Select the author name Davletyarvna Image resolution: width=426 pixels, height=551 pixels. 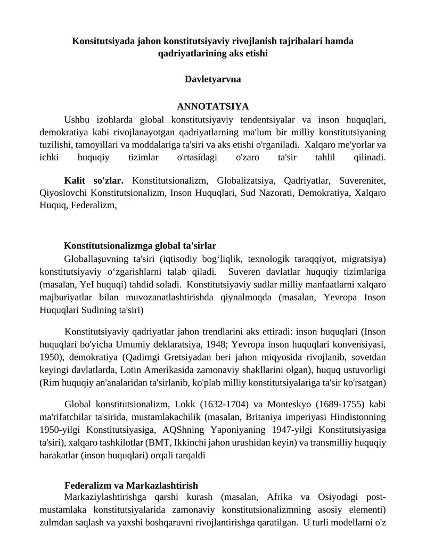tap(213, 79)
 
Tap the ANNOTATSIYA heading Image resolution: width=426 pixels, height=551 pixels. tap(213, 106)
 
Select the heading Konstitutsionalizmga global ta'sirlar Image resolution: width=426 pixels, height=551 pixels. tap(140, 246)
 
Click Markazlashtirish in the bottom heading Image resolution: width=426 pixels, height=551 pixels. tap(163, 486)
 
